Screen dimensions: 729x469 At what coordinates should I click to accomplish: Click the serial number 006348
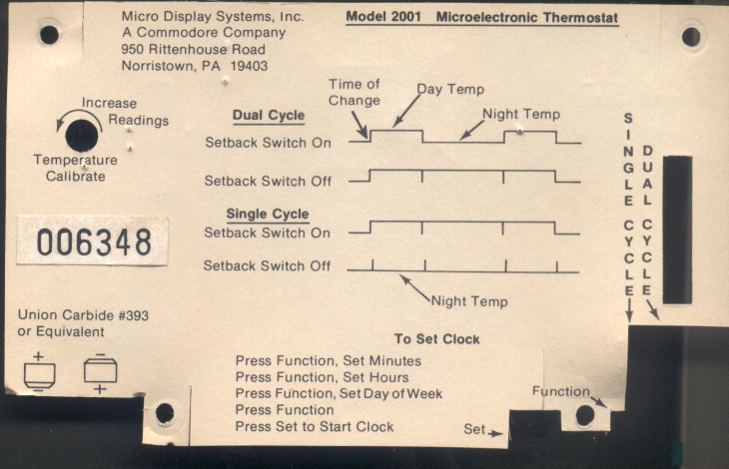tap(94, 241)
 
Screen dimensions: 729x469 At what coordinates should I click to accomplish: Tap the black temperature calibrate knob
tap(82, 136)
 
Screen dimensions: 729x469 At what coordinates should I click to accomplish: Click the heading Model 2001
tap(383, 17)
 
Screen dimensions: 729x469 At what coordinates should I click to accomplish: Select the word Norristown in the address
tap(157, 66)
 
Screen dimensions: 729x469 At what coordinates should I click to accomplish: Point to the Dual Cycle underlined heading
tap(269, 116)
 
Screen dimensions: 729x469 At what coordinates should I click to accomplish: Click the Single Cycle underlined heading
tap(268, 215)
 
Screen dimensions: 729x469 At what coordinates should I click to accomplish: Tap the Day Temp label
tap(450, 89)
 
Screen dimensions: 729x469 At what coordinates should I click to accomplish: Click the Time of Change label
tap(355, 93)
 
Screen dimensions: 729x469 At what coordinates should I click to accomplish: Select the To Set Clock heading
tap(436, 339)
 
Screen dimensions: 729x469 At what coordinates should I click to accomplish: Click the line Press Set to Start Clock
tap(315, 427)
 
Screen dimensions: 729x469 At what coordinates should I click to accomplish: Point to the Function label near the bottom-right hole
tap(561, 391)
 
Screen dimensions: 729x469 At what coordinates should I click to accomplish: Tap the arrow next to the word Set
tap(495, 433)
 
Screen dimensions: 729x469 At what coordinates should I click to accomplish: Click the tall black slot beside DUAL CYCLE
tap(677, 230)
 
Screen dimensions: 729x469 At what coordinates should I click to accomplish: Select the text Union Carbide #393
tap(83, 315)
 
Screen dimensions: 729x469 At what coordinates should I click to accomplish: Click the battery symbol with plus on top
tap(40, 373)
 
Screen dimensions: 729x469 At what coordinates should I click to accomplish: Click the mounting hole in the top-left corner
tap(49, 34)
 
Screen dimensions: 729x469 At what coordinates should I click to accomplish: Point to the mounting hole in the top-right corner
tap(691, 37)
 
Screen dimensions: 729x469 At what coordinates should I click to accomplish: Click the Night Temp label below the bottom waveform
tap(469, 301)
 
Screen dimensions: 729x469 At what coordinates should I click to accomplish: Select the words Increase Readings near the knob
tap(125, 112)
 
